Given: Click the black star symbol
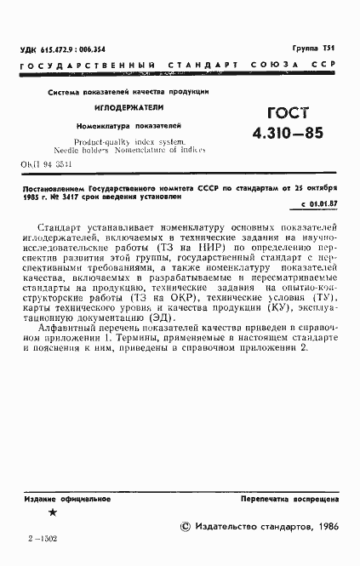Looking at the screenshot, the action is point(53,512).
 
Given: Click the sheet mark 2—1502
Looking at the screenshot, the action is point(43,538).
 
